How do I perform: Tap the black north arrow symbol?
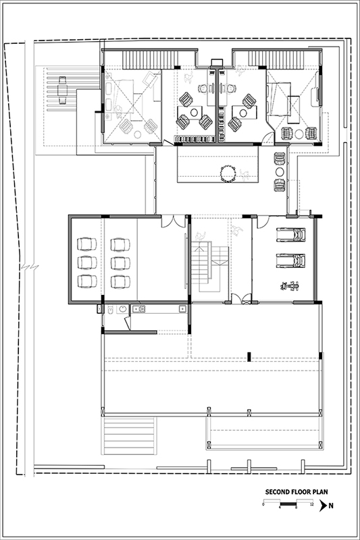[x=323, y=506]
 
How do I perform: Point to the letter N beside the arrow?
[x=331, y=506]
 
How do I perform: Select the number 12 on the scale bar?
[x=312, y=504]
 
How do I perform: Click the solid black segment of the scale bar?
[x=288, y=504]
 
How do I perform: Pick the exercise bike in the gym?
[x=290, y=286]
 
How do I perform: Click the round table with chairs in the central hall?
[x=228, y=173]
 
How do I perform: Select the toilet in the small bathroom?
[x=110, y=309]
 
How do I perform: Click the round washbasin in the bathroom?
[x=122, y=309]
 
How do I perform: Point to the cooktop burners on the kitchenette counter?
[x=139, y=309]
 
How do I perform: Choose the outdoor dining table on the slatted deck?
[x=62, y=90]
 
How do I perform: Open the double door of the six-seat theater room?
[x=174, y=221]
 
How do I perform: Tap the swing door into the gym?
[x=263, y=222]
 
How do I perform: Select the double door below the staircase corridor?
[x=241, y=299]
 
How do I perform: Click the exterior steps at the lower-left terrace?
[x=130, y=435]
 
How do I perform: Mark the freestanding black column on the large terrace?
[x=249, y=357]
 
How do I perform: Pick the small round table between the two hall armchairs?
[x=280, y=172]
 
